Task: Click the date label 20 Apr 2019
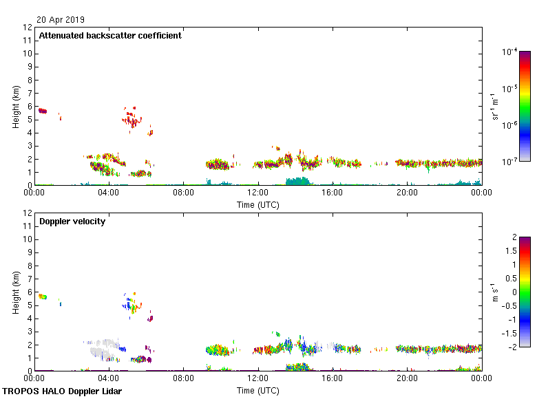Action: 61,20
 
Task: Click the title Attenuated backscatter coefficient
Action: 110,36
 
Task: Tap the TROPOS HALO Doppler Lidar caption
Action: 57,391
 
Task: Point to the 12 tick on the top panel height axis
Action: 28,28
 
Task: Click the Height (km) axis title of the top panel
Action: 16,106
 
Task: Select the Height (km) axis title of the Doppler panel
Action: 16,292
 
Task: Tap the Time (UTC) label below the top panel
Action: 258,205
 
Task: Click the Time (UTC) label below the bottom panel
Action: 258,391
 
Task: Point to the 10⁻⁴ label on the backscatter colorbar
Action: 510,52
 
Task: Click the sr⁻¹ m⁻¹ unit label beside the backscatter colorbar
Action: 496,106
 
